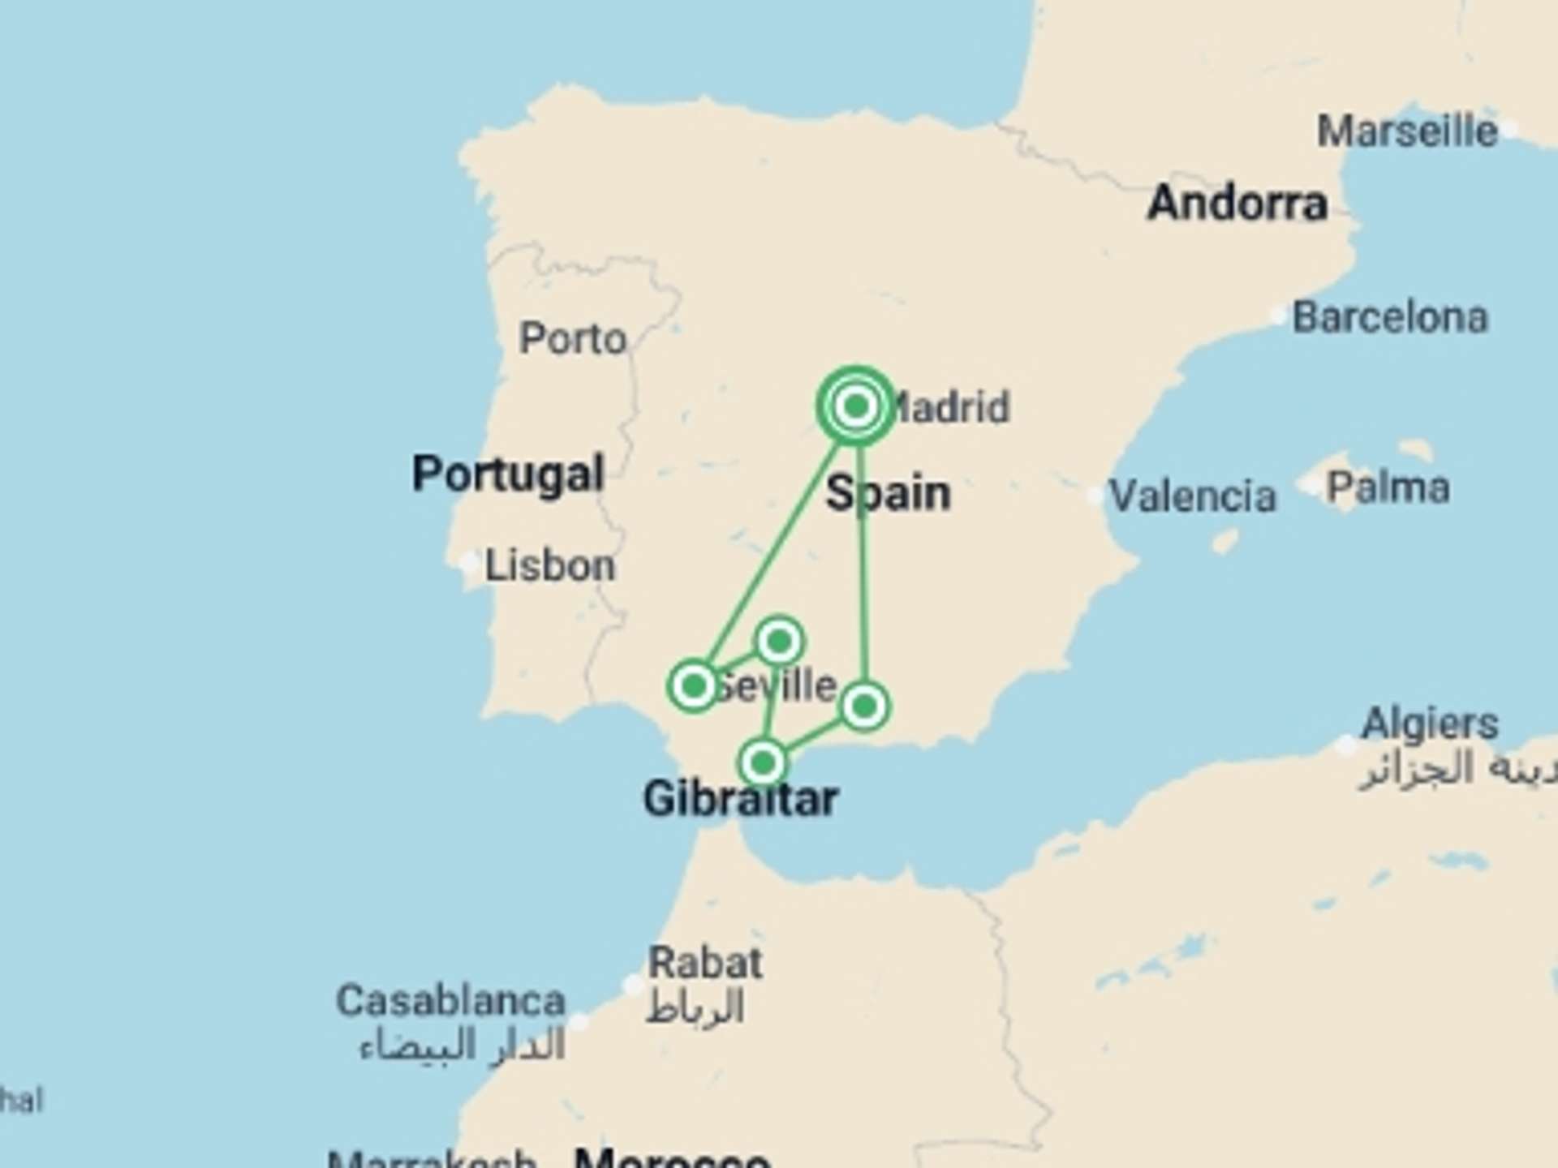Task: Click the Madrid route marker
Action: [856, 406]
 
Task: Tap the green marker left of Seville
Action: [694, 686]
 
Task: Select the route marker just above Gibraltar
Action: [763, 762]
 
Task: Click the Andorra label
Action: [1237, 203]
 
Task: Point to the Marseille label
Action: [1407, 131]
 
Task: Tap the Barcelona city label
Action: [1390, 317]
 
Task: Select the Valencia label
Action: [1192, 496]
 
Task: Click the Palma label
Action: [1388, 487]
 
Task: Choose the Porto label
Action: [573, 338]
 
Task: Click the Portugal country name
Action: [508, 474]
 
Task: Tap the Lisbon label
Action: [550, 565]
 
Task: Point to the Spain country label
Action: [888, 493]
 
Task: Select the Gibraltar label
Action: [740, 799]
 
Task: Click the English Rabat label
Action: [704, 963]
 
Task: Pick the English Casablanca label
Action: [450, 1001]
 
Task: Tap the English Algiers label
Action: [1430, 724]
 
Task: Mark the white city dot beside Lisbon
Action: [469, 562]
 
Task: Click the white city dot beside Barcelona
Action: [1279, 316]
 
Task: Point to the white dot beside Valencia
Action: [1095, 494]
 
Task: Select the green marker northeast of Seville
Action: [779, 642]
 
